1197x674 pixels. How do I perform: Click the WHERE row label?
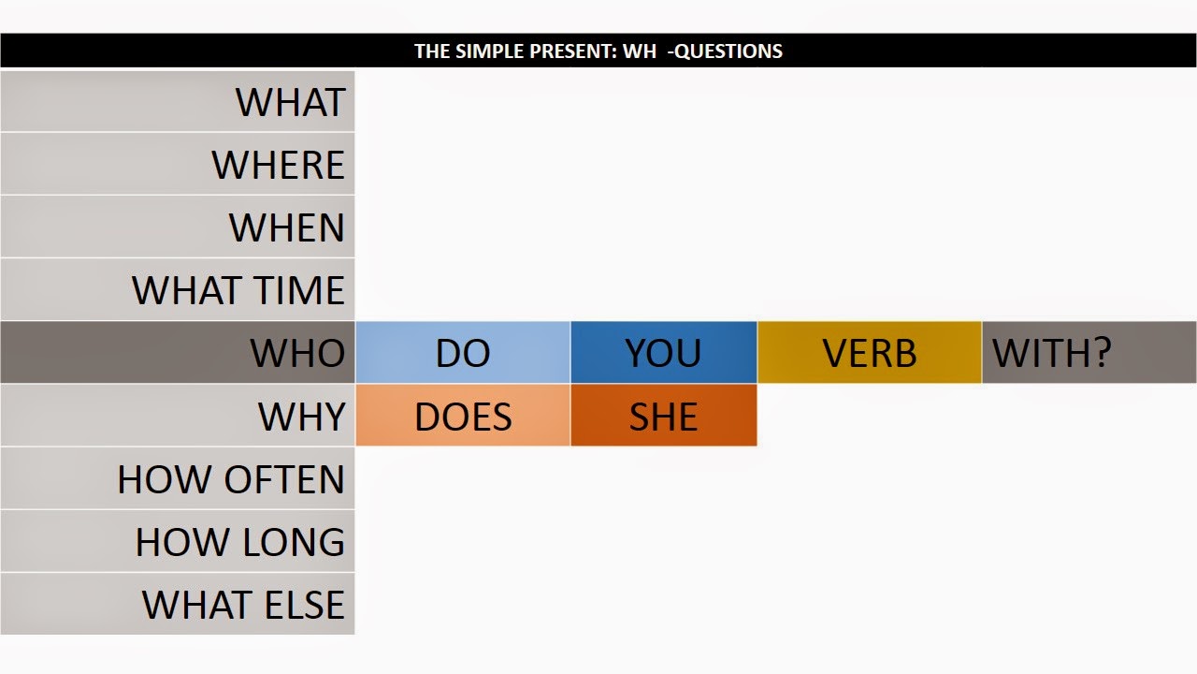tap(278, 165)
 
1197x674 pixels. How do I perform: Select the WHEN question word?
tap(286, 227)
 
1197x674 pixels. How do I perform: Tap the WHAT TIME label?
tap(238, 290)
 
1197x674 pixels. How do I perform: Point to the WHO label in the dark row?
tap(297, 353)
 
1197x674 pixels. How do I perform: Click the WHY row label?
tap(301, 416)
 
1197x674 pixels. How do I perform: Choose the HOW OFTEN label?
tap(230, 479)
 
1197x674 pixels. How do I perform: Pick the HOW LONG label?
tap(239, 542)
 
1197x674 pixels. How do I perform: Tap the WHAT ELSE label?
tap(243, 605)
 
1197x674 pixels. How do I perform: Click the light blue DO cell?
tap(463, 353)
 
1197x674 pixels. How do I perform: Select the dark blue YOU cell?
tap(663, 353)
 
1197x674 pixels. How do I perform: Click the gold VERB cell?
tap(869, 353)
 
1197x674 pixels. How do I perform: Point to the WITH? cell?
tap(1051, 353)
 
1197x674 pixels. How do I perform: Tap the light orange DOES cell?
tap(463, 416)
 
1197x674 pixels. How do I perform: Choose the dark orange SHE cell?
tap(663, 416)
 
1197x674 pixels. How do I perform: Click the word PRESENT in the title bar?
tap(565, 51)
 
